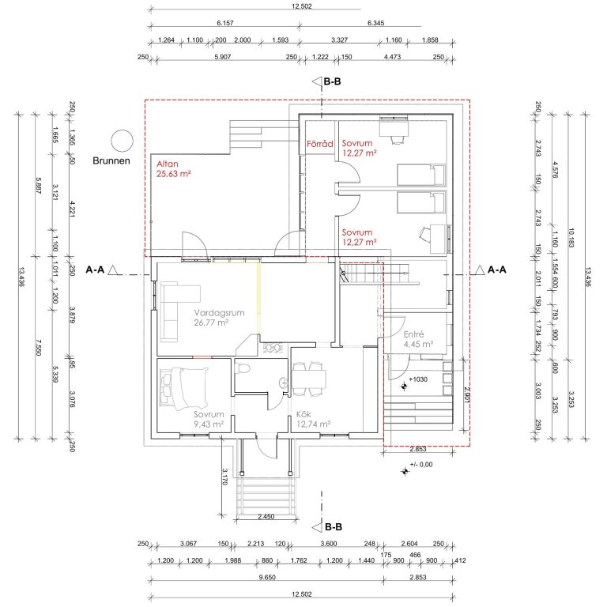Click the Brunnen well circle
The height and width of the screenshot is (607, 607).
123,141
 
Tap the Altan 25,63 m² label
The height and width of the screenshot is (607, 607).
174,169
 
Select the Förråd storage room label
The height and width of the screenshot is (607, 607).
320,144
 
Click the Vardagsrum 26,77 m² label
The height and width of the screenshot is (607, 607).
219,318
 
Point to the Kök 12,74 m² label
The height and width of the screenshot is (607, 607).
313,419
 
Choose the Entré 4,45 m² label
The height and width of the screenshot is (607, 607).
418,339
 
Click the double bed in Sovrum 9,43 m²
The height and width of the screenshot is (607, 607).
184,388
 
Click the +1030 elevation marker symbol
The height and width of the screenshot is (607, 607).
404,386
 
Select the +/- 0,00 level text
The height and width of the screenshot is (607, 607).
421,465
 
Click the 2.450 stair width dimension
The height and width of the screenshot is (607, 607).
266,516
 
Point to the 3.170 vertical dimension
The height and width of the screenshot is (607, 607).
225,477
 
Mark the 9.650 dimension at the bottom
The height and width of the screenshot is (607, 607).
267,577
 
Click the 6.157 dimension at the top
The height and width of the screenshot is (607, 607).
225,23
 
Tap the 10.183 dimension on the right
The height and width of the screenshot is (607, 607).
571,238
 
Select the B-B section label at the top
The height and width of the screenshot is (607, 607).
332,81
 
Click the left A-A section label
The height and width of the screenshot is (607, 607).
95,270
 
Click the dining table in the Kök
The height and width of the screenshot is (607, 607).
309,379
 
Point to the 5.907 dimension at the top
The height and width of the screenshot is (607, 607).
223,57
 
